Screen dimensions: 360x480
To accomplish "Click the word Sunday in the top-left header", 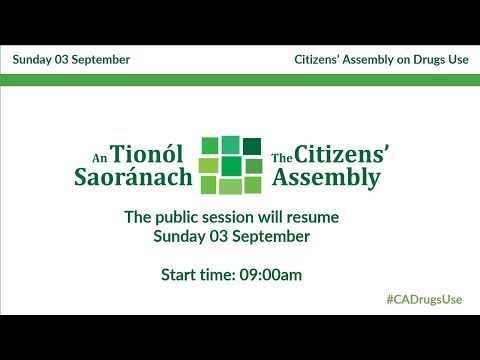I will pos(34,59).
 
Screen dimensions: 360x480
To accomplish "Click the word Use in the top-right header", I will pos(456,59).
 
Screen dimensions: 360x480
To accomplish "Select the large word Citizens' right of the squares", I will pos(344,154).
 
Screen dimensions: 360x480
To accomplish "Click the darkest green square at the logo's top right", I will pos(252,144).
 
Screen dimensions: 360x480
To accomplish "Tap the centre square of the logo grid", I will pos(232,165).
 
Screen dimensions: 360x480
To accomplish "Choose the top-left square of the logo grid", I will pos(210,146).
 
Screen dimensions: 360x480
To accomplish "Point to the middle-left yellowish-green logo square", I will pos(210,165).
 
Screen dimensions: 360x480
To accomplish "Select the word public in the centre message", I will pos(175,217).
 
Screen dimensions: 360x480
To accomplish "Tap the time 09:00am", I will pos(270,274).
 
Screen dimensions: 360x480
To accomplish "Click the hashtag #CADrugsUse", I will pos(427,300).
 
